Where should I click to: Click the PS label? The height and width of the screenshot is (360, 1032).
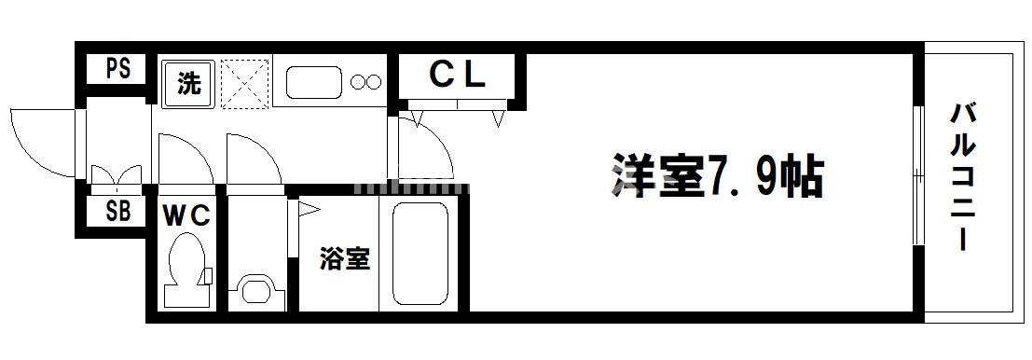[x=117, y=69]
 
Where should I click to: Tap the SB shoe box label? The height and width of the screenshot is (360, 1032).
[x=117, y=212]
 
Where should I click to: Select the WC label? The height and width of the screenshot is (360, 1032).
[x=188, y=215]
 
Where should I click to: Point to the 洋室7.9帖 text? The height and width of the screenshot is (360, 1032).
[x=716, y=175]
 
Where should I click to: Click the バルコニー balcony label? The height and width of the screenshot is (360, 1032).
[x=963, y=177]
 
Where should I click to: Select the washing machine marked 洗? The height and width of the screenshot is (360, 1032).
[x=189, y=84]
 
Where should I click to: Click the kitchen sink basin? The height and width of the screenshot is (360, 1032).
[x=314, y=82]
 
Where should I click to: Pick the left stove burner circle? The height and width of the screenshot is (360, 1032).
[x=357, y=82]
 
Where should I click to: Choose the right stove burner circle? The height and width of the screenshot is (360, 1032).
[x=374, y=82]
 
